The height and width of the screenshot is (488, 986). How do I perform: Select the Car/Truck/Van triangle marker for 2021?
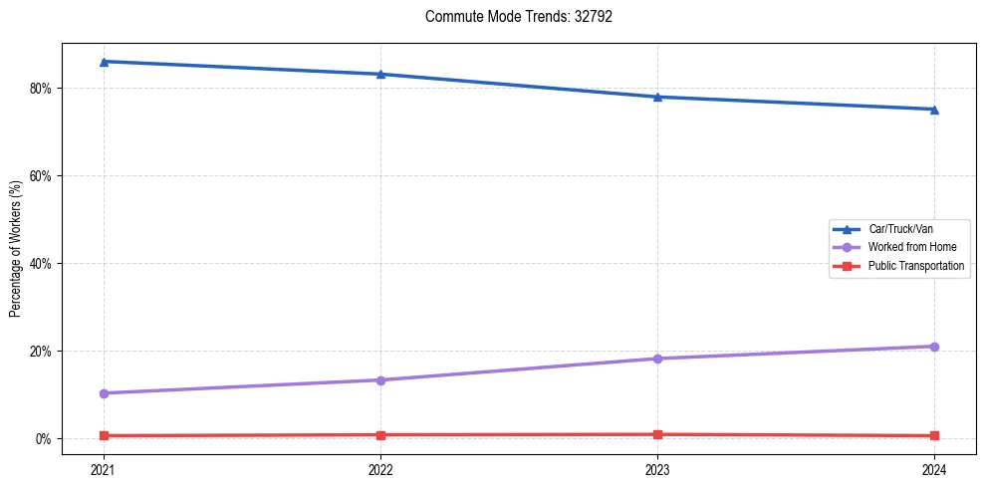coord(104,62)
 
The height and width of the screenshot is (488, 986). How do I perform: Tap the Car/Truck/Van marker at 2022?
coord(380,74)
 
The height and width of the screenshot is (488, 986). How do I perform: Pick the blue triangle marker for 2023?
coord(657,97)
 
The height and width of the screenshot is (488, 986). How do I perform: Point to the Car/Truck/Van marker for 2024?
coord(934,110)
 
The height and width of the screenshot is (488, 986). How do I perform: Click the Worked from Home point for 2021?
coord(104,393)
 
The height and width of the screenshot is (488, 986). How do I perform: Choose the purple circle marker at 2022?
coord(380,379)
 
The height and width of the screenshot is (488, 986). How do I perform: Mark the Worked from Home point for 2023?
coord(657,359)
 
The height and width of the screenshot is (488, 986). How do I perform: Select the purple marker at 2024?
coord(934,347)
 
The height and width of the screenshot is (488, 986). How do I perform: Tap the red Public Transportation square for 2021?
coord(104,435)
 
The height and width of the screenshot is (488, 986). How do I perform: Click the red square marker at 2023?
coord(657,434)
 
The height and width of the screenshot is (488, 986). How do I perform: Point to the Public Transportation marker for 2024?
coord(934,435)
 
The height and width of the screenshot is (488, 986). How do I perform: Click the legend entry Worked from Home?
coord(906,247)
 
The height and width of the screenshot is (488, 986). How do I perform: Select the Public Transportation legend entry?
coord(915,266)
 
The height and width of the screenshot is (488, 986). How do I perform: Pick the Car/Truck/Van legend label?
coord(900,229)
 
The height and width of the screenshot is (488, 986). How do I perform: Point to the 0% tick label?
coord(43,439)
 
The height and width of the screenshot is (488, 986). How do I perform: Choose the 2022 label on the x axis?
coord(380,469)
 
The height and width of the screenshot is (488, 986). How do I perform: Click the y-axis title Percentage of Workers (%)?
coord(15,249)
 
